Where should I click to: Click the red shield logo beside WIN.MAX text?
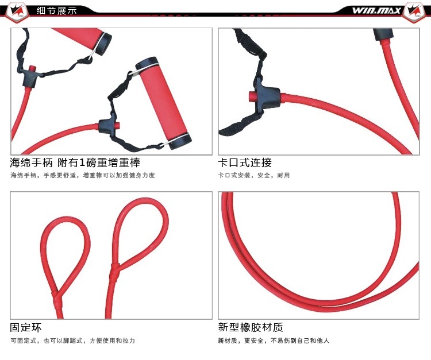tap(415, 11)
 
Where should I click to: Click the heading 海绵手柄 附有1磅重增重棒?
tap(75, 162)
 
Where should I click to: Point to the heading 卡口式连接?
tap(245, 162)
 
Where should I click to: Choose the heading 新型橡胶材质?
tap(251, 328)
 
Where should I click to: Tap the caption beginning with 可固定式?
tap(72, 340)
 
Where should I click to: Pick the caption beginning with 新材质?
tap(274, 340)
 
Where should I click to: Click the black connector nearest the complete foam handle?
tap(110, 125)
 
